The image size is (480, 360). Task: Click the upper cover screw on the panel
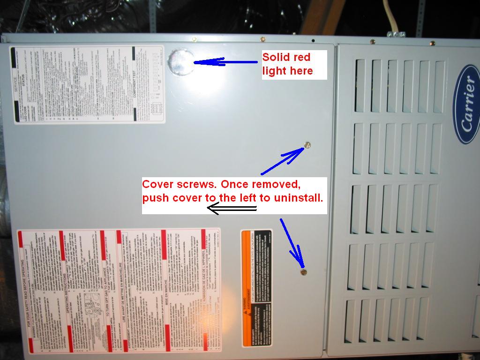pyautogui.click(x=307, y=145)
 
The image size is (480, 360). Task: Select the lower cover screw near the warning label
pyautogui.click(x=304, y=271)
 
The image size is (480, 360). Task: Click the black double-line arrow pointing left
pyautogui.click(x=232, y=209)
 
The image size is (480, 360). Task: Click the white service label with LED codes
pyautogui.click(x=87, y=84)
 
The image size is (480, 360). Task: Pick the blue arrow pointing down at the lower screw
pyautogui.click(x=292, y=242)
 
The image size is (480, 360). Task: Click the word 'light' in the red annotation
pyautogui.click(x=275, y=71)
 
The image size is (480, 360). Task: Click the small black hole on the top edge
pyautogui.click(x=314, y=39)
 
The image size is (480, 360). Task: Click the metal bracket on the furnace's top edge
pyautogui.click(x=396, y=34)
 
